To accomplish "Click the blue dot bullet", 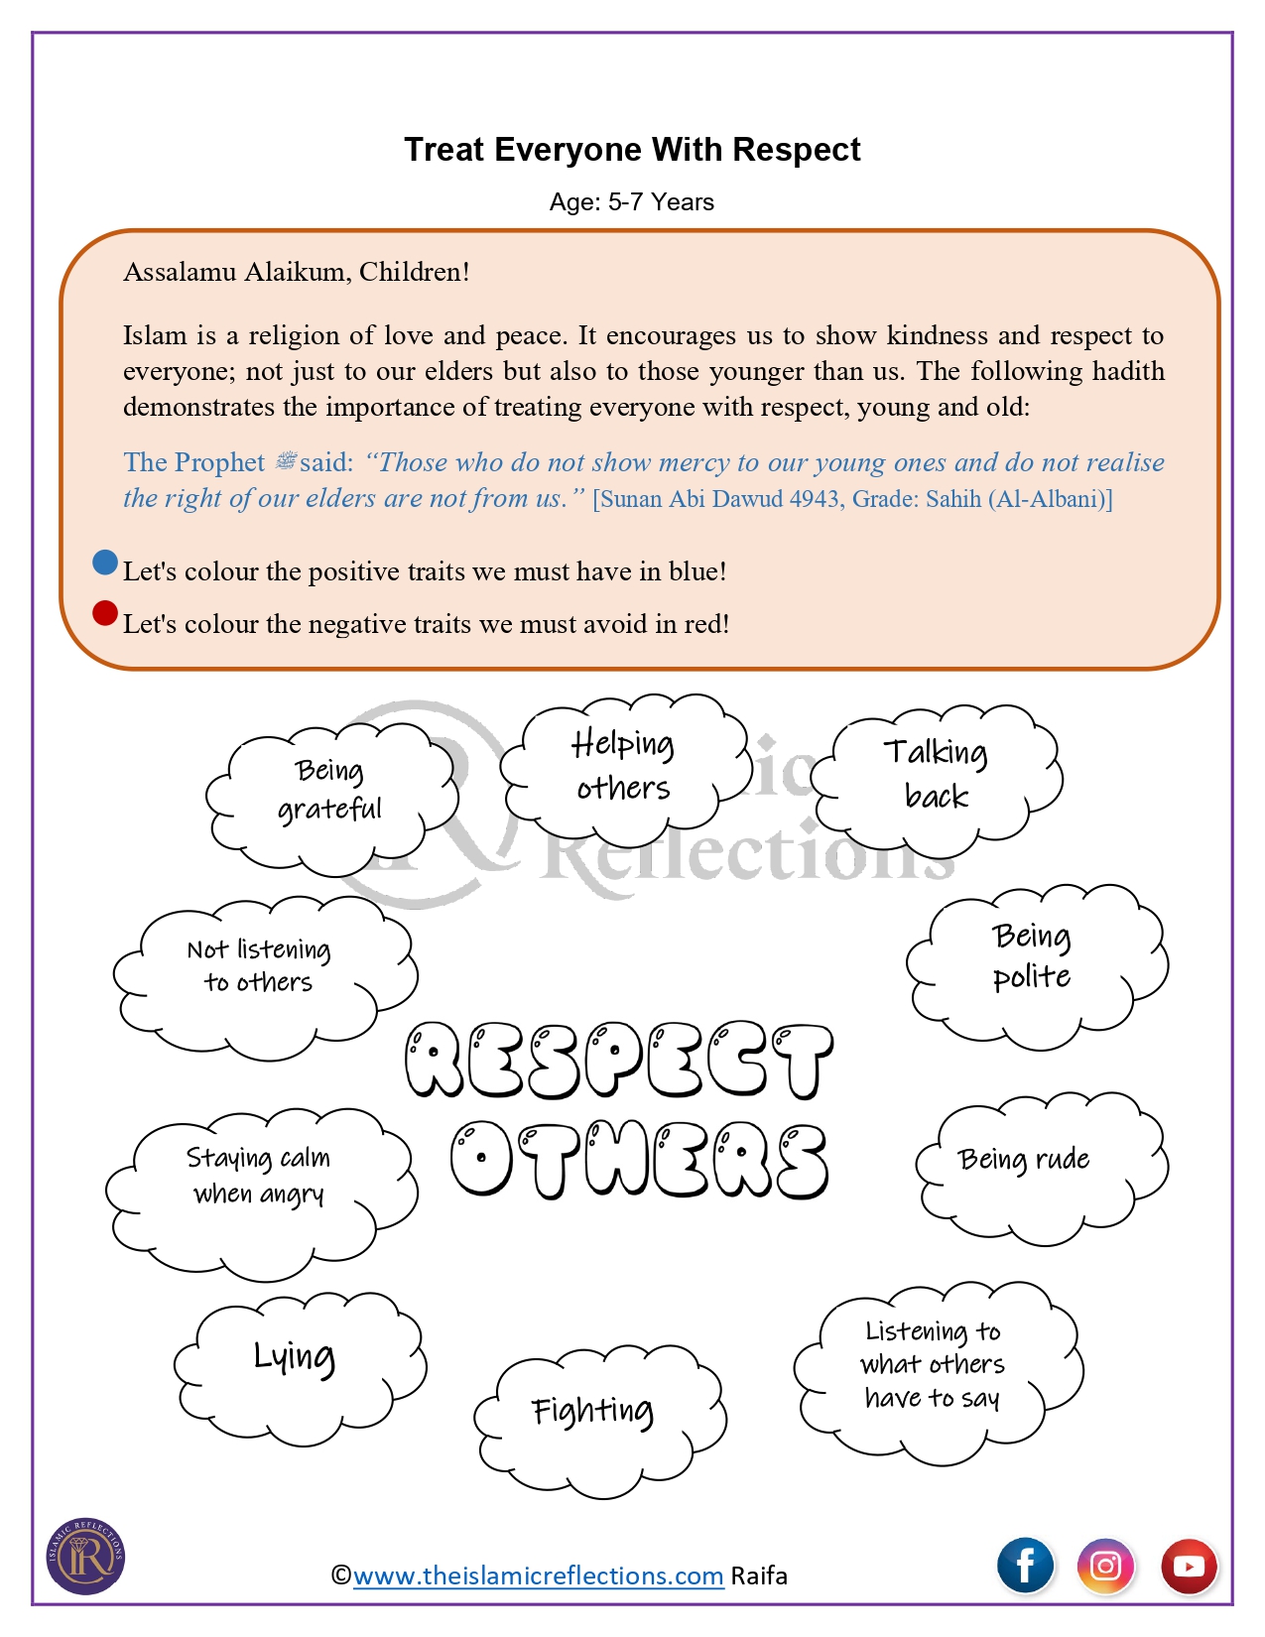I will click(105, 563).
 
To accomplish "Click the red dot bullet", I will click(105, 614).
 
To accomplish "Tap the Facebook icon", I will click(1025, 1566).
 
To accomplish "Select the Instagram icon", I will click(1106, 1566).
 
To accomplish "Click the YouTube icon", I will click(1189, 1566).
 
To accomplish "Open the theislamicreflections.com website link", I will click(538, 1575).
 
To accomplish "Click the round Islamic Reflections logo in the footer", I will click(86, 1556).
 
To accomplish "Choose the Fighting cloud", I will click(593, 1411).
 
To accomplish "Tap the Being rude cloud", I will click(1025, 1161).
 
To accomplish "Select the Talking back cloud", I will click(937, 774).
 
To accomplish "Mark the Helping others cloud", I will click(623, 765).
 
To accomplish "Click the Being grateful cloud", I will click(329, 791).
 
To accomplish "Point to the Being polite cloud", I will click(1032, 956).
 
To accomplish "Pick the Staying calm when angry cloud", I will click(259, 1177).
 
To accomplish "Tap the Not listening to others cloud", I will click(259, 966).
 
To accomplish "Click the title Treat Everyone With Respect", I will click(632, 150).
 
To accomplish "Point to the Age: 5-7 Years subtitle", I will click(632, 202).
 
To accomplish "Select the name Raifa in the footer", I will click(759, 1575).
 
